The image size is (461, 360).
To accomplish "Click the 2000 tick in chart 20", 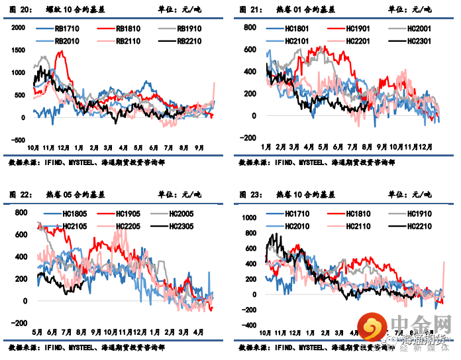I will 17,27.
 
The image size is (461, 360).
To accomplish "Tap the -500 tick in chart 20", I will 17,141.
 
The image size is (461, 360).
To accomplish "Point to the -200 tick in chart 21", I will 248,138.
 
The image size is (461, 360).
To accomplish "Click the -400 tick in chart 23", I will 248,326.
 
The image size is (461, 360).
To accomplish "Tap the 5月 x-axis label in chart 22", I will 37,331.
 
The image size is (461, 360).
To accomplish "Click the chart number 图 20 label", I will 19,9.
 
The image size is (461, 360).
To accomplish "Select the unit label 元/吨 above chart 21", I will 419,9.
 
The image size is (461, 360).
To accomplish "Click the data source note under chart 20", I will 86,162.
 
